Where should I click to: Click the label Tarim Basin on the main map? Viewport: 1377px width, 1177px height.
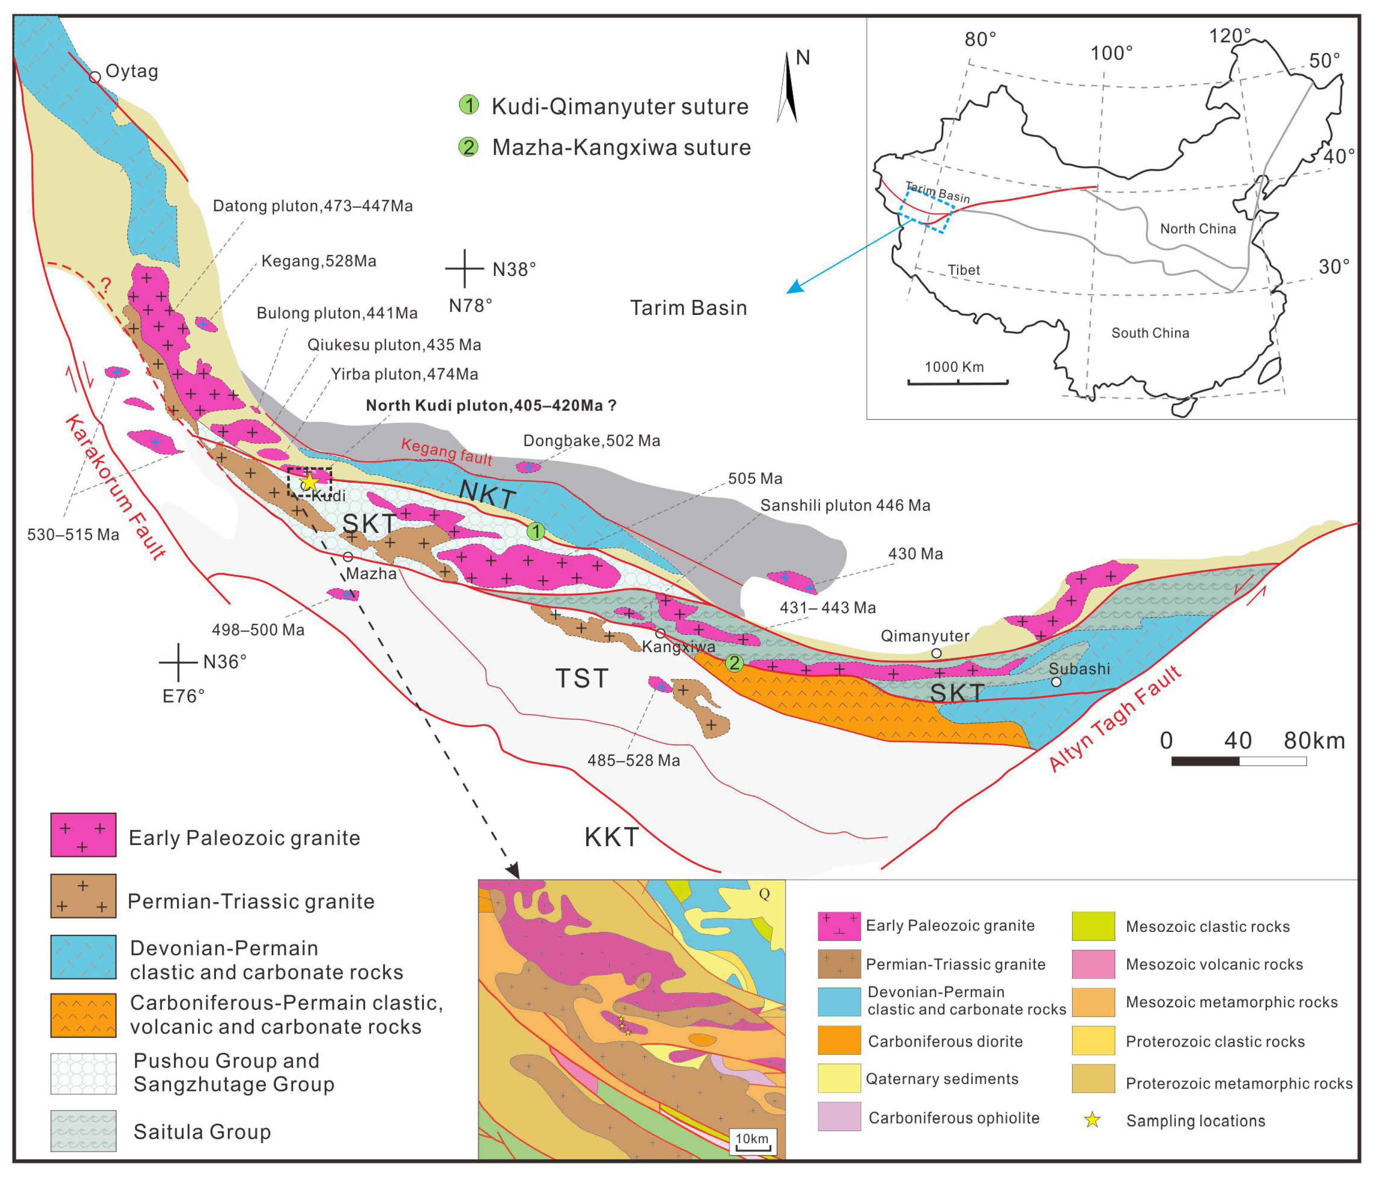[688, 308]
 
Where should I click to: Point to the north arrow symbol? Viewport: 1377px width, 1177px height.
[788, 88]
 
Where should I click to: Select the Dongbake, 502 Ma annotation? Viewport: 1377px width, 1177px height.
[591, 440]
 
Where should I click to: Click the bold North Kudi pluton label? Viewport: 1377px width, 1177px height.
[491, 405]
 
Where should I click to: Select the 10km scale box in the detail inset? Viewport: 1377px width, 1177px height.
[752, 1141]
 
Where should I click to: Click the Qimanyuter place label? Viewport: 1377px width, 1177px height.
[924, 636]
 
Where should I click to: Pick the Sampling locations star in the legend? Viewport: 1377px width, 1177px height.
[1092, 1120]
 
